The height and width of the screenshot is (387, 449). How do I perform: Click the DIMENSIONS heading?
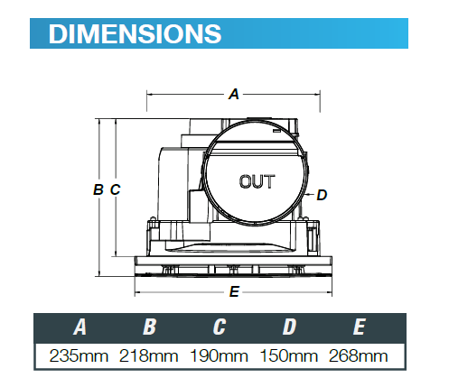click(x=135, y=33)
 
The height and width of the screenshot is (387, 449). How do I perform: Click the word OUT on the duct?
click(x=257, y=181)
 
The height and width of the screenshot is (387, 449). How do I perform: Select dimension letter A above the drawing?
click(x=234, y=92)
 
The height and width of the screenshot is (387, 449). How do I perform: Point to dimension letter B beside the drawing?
click(x=98, y=189)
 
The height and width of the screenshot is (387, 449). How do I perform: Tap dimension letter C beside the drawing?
click(x=115, y=189)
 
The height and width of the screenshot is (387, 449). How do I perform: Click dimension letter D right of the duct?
click(x=322, y=194)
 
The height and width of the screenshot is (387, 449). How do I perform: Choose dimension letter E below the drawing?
click(x=234, y=291)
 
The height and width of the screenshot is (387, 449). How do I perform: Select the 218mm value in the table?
click(x=149, y=355)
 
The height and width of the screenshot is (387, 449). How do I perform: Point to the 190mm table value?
click(x=220, y=355)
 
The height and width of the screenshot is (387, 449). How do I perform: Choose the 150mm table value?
click(x=289, y=355)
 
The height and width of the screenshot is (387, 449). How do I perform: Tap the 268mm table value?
click(x=359, y=355)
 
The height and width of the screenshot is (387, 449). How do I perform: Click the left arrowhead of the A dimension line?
click(x=149, y=93)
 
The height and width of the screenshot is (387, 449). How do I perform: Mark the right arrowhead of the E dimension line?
click(x=332, y=292)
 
